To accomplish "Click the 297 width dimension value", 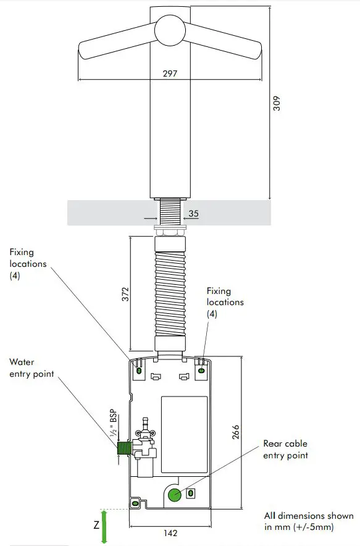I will tap(170, 73).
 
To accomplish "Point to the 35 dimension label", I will tap(193, 214).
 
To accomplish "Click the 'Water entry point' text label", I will tap(31, 369).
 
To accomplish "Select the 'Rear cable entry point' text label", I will tap(285, 449).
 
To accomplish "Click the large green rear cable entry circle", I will tap(175, 493).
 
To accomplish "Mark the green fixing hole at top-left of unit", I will tap(139, 371).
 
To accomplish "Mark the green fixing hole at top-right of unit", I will tap(201, 371).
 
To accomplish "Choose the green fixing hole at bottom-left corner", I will tap(133, 503).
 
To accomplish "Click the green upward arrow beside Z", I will tap(104, 527).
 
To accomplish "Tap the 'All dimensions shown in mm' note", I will tap(308, 521).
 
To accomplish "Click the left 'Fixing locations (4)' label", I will tap(28, 264).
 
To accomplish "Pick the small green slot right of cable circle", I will tap(190, 493).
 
